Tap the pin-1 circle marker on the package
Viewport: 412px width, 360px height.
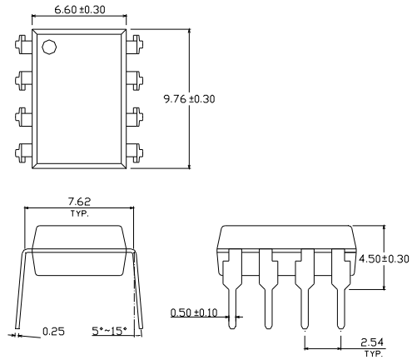[49, 47]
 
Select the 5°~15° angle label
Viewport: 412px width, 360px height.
[110, 331]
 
